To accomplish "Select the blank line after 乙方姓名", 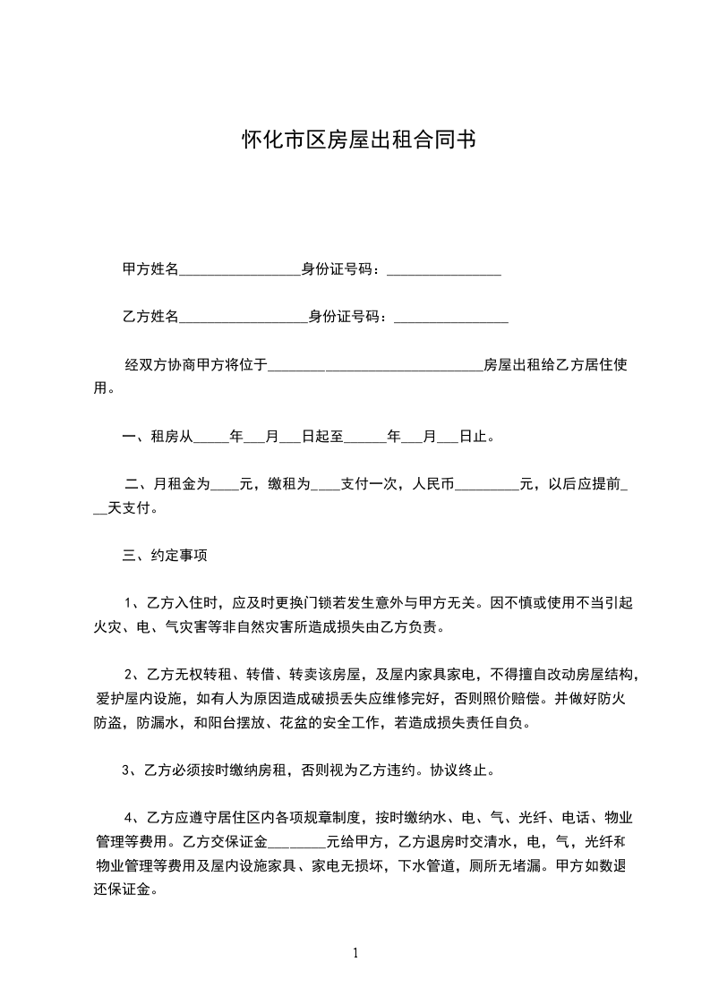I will [244, 318].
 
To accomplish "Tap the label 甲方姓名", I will [150, 269].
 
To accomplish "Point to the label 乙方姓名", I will [150, 316].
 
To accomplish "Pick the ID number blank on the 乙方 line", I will [450, 318].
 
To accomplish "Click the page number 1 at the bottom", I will [355, 953].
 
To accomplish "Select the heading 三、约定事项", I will [165, 556].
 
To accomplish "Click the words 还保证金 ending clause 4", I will [125, 890].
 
